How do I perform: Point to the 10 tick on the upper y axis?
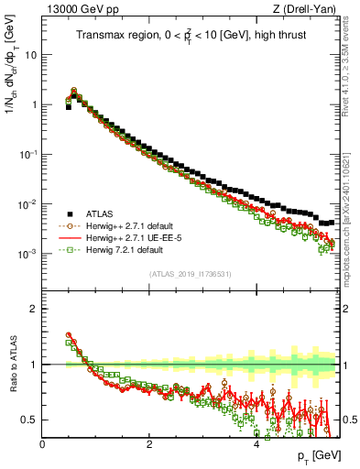pyautogui.click(x=30, y=54)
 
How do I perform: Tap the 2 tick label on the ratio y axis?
pyautogui.click(x=34, y=309)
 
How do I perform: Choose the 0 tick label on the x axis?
pyautogui.click(x=42, y=444)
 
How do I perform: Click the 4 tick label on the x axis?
pyautogui.click(x=256, y=444)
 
